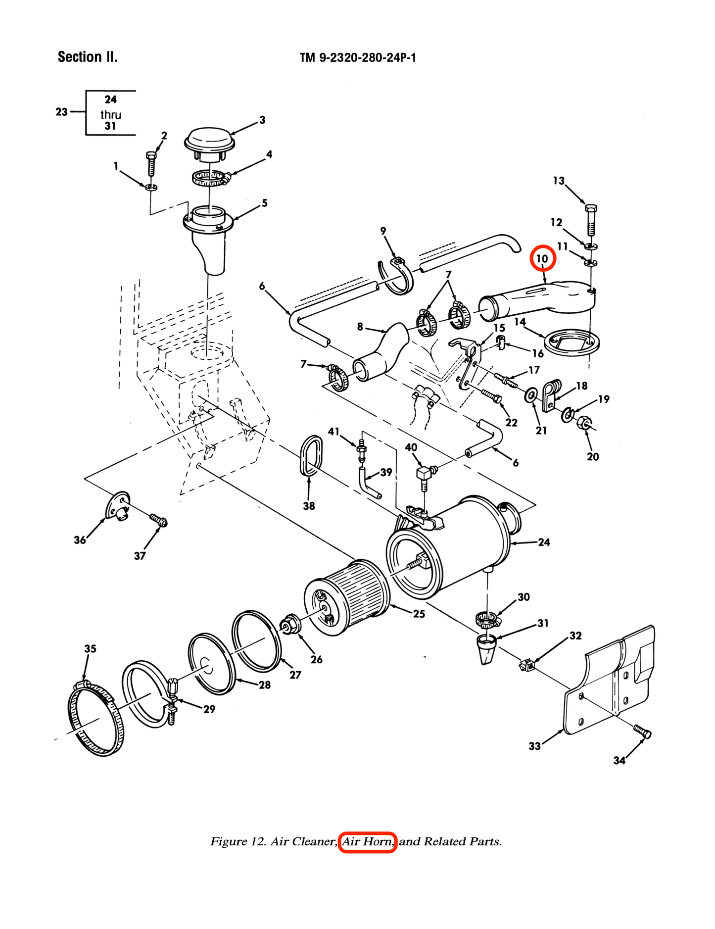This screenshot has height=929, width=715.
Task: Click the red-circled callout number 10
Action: [x=542, y=259]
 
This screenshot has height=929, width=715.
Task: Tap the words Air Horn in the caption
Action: [x=367, y=841]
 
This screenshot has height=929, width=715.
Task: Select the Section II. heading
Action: [x=88, y=57]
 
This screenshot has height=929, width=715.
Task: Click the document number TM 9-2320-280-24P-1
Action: [x=358, y=58]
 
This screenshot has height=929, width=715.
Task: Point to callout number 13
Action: [x=559, y=181]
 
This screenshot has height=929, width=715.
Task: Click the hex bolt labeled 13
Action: [x=591, y=219]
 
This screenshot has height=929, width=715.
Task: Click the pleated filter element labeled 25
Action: [x=346, y=597]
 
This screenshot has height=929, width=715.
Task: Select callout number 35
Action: [x=90, y=648]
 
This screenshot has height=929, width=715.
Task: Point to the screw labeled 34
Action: [x=642, y=731]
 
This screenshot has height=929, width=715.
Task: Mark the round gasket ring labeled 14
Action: [x=572, y=342]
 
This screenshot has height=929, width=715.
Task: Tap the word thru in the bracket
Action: [x=111, y=115]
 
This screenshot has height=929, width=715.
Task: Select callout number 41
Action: [x=334, y=432]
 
